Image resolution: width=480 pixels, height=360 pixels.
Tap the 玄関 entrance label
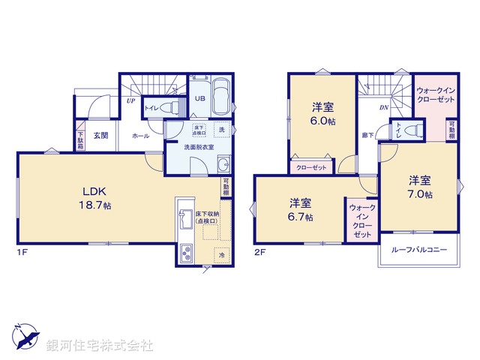101,136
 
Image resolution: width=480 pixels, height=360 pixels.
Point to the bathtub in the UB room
221,97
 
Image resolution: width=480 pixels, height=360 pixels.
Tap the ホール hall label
139,136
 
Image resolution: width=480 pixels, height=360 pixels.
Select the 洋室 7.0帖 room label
420,187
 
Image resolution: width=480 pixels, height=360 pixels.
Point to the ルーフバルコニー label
418,249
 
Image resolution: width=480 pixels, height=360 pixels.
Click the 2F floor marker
260,251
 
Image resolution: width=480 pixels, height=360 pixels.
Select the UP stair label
131,100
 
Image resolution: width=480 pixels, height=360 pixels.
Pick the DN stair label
383,107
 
